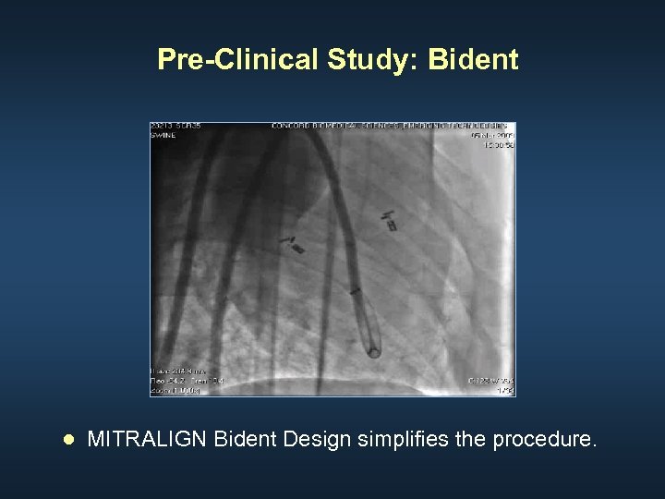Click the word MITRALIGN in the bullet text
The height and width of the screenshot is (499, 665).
click(147, 439)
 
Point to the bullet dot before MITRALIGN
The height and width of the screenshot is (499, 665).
click(66, 440)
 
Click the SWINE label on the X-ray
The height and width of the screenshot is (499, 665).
click(163, 133)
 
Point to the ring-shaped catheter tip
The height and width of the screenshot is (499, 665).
click(374, 351)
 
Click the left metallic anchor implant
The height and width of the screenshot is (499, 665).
click(294, 244)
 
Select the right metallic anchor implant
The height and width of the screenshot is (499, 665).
click(390, 221)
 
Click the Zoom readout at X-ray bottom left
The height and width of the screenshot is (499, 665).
click(175, 391)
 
